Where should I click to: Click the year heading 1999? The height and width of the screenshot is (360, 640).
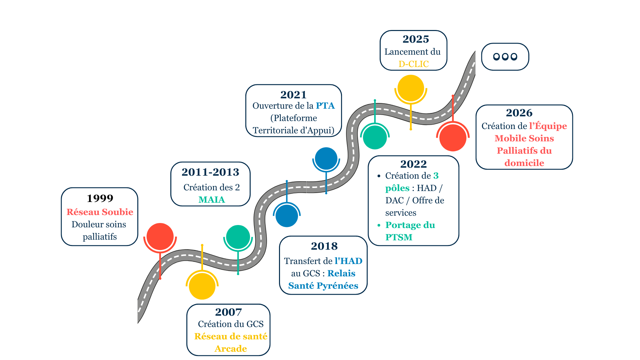tap(100, 198)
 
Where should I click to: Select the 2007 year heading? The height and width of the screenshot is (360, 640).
tap(228, 312)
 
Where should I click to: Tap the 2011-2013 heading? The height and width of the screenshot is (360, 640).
tap(210, 172)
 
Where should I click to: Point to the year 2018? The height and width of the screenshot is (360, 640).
tap(324, 246)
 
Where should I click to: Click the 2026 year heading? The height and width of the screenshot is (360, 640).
tap(519, 113)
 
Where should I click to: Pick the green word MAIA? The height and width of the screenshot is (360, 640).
tap(212, 200)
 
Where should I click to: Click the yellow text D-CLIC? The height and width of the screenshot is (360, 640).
tap(414, 64)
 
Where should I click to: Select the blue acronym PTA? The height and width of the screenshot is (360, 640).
tap(325, 106)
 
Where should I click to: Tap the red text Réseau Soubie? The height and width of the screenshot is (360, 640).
tap(100, 212)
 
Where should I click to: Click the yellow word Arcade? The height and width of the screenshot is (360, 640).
tap(231, 349)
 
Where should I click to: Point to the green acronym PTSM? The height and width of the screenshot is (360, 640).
tap(399, 237)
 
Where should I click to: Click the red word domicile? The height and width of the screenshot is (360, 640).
tap(524, 163)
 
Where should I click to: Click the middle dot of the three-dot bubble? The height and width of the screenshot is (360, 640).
tap(505, 57)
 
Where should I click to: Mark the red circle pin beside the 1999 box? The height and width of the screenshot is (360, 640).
tap(160, 236)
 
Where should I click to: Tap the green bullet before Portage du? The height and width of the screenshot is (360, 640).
tap(379, 225)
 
